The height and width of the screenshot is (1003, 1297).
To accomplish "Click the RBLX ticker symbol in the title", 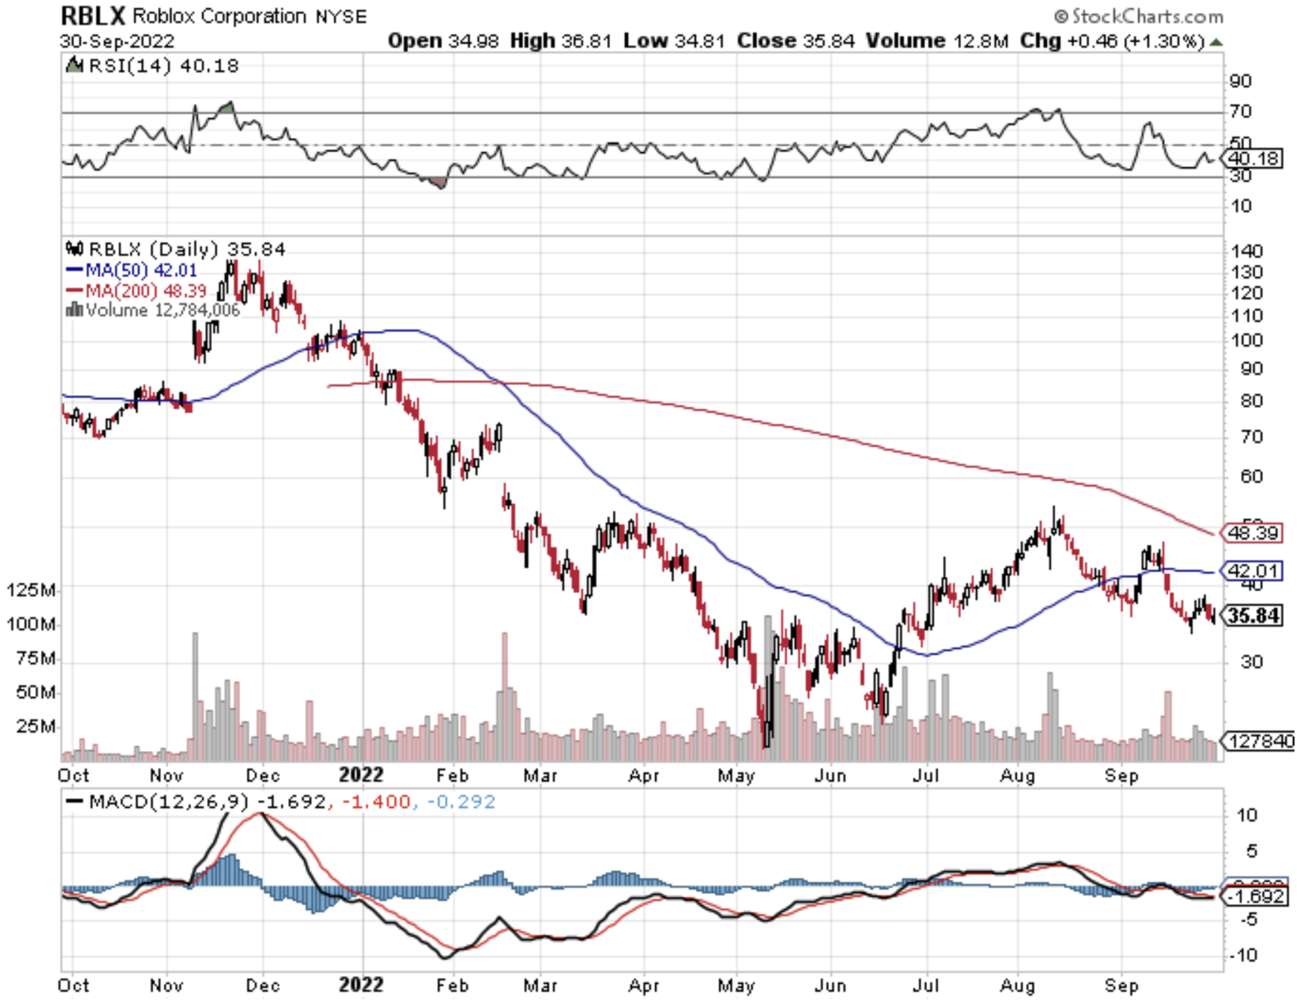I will (x=92, y=16).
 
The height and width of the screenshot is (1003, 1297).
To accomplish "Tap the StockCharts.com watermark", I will (x=1139, y=16).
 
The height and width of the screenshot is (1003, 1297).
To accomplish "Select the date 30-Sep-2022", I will (x=116, y=41).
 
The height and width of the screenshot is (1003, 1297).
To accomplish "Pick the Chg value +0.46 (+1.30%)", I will (x=1135, y=41).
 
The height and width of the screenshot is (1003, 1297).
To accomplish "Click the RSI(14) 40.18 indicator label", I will (x=162, y=66).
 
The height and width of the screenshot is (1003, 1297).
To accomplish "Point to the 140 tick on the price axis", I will (x=1246, y=251).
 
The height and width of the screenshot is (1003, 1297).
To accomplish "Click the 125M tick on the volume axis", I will (x=32, y=590).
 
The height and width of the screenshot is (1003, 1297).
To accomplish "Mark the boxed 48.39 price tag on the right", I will (x=1252, y=532).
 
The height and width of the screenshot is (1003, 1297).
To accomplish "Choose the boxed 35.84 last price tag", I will (x=1254, y=615).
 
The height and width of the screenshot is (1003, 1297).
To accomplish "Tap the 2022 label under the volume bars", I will (x=361, y=775).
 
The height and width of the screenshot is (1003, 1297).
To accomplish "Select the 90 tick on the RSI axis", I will (x=1240, y=81).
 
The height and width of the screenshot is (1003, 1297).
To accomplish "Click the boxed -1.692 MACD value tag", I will (x=1255, y=896).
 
